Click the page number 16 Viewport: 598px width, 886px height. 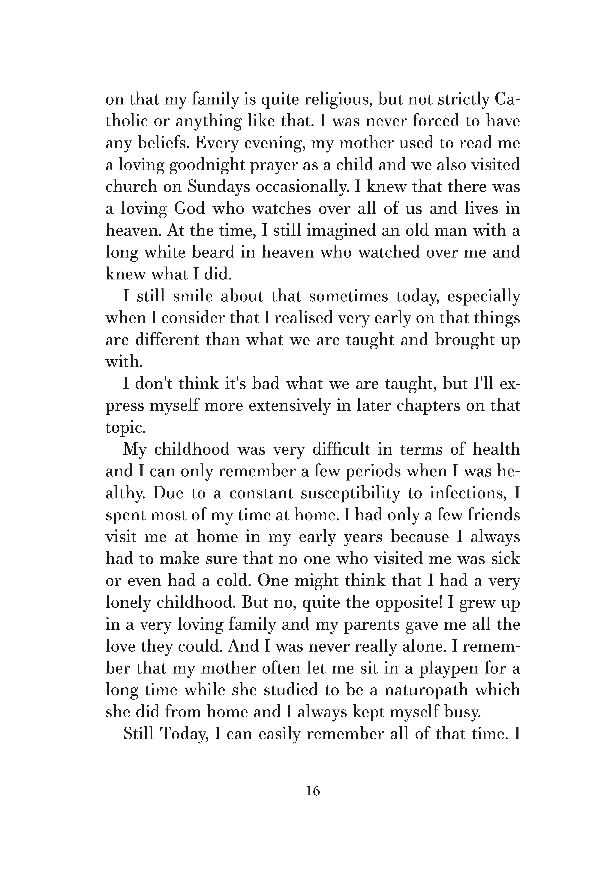[313, 791]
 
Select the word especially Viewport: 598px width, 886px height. [483, 297]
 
